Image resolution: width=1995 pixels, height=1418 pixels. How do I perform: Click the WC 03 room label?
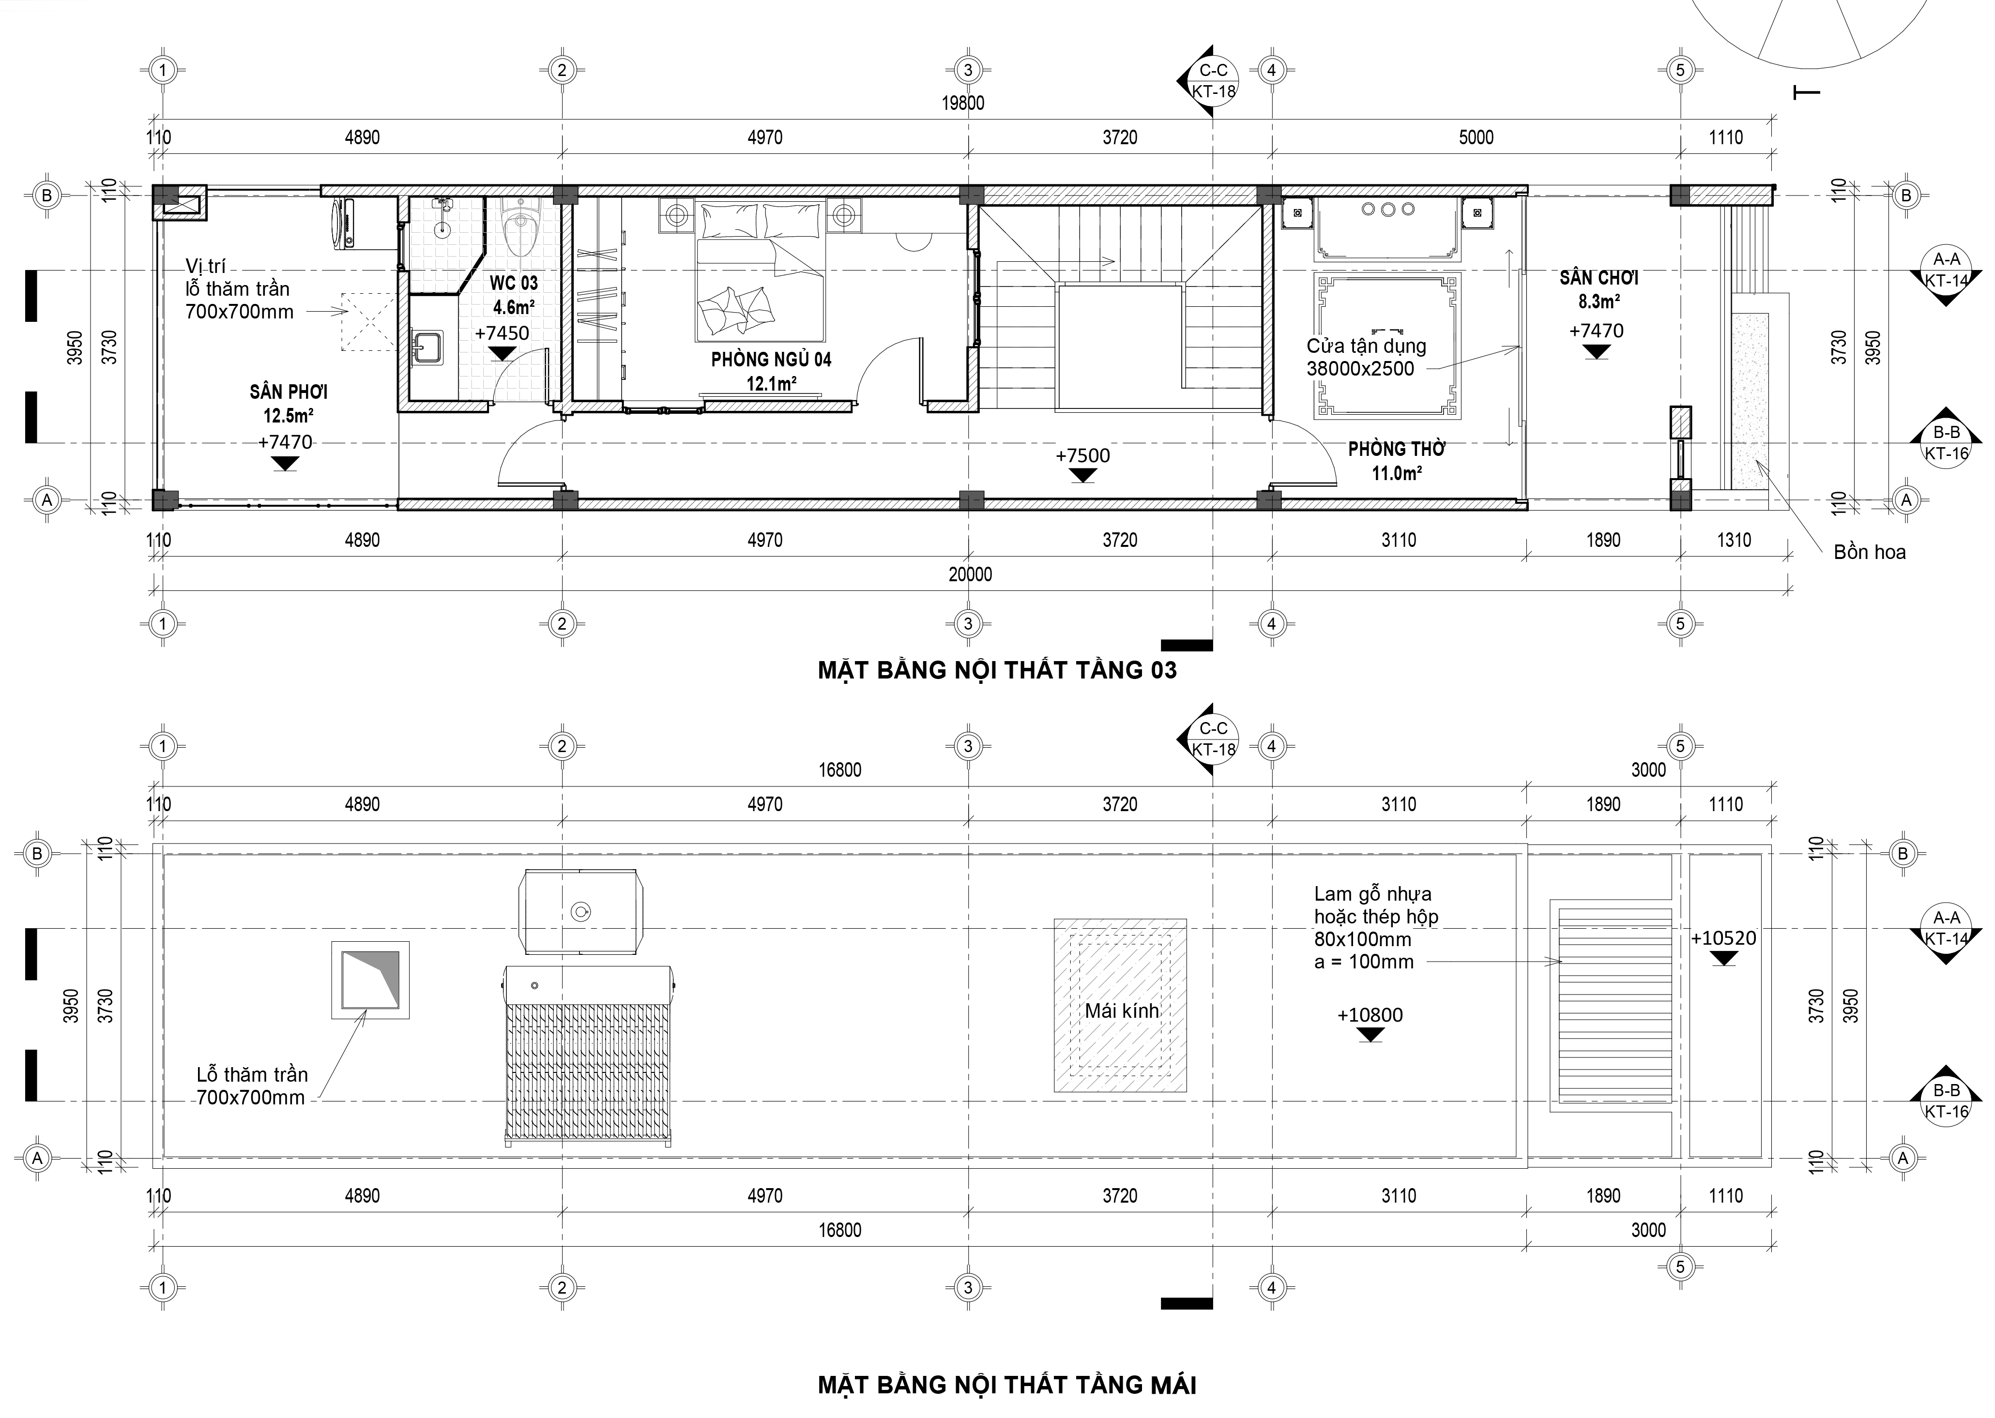(x=514, y=283)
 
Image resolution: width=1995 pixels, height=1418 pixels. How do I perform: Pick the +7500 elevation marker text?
(x=1082, y=456)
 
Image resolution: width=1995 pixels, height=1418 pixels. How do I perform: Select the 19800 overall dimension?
(x=962, y=103)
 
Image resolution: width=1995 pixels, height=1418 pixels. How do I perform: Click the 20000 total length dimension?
(x=971, y=574)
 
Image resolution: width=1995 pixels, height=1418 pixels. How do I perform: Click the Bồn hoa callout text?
(x=1869, y=552)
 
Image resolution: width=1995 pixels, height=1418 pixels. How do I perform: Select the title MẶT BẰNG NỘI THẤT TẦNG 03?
(x=997, y=671)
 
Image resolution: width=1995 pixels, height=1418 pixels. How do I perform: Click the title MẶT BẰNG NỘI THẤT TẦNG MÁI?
(x=1006, y=1385)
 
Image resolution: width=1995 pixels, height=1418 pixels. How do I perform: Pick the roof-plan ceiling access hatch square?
(x=369, y=980)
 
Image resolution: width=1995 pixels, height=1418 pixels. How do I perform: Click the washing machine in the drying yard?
(x=347, y=224)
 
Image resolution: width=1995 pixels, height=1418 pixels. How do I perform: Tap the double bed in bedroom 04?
(x=760, y=271)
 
